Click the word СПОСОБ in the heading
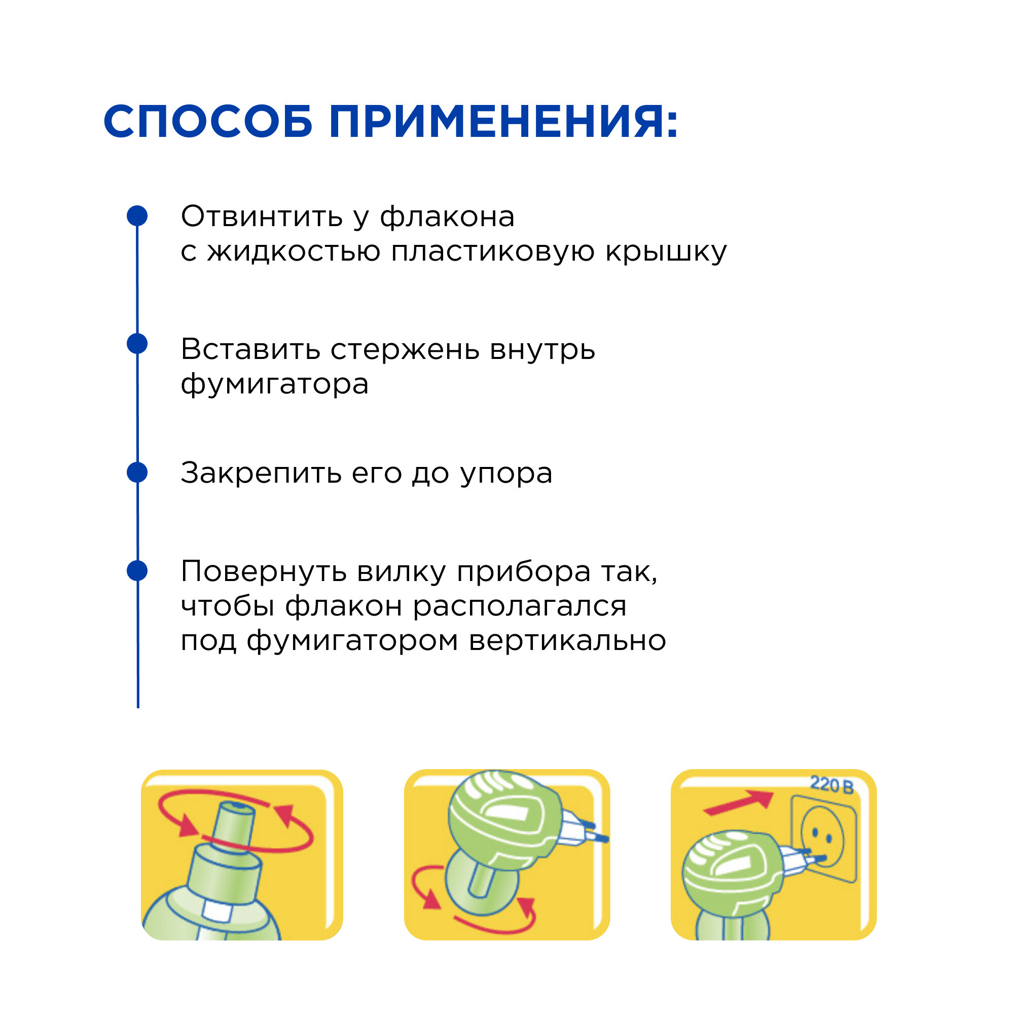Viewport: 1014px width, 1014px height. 208,122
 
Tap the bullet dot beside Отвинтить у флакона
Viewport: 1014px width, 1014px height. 137,215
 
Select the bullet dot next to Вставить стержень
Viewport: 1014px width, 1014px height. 137,344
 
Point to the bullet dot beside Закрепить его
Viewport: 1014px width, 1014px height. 137,473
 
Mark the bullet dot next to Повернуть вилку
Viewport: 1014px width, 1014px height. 137,570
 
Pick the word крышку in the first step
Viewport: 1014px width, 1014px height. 666,252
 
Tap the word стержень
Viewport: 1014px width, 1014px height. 405,349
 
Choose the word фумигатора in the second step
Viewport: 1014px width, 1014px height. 274,384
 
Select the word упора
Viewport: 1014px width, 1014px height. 506,474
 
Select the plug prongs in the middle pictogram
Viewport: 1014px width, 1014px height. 591,832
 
